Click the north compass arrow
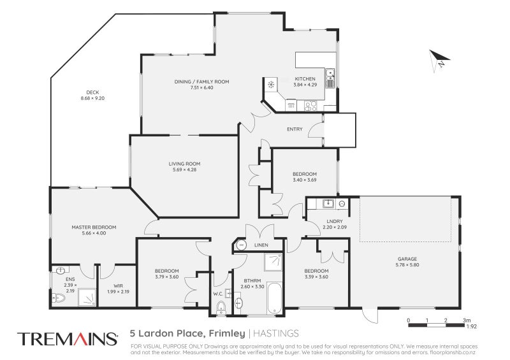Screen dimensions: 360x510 click(439, 61)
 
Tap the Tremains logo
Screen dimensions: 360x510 click(67, 338)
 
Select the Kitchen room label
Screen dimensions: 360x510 click(305, 79)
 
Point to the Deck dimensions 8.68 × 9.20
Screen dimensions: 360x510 click(92, 98)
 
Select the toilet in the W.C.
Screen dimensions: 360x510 click(221, 309)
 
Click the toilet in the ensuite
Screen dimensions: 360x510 click(59, 298)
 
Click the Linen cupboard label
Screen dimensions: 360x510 click(261, 245)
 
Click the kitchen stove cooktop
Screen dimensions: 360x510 click(310, 106)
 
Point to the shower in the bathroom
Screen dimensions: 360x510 click(274, 261)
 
